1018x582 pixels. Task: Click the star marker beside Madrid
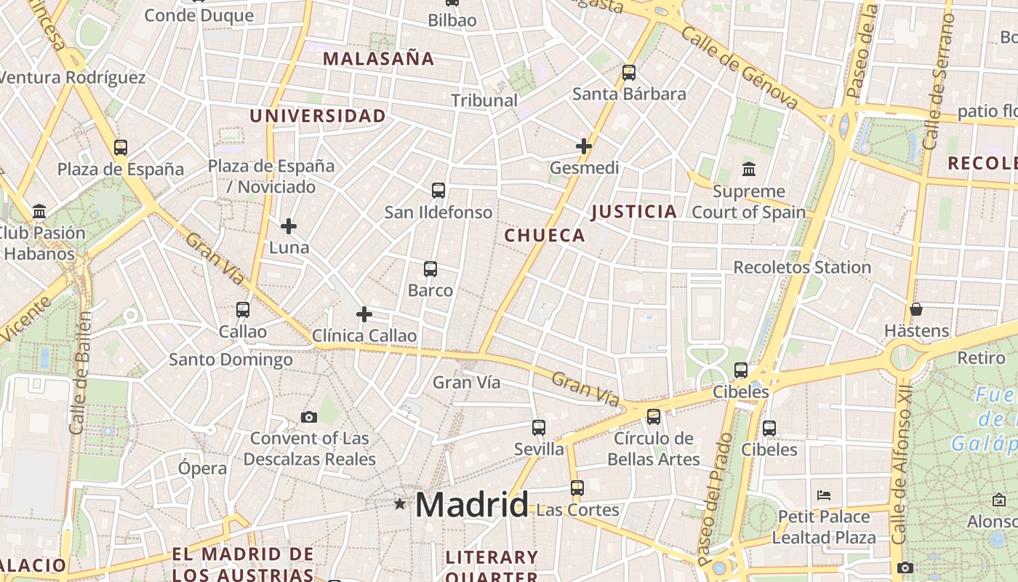[399, 503]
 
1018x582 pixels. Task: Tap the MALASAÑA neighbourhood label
[378, 59]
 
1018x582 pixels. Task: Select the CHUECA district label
[545, 235]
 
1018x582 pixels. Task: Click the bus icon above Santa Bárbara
[629, 73]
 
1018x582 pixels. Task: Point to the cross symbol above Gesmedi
[583, 146]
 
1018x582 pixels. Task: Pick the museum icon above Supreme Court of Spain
[749, 170]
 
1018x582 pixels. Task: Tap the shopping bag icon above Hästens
[916, 309]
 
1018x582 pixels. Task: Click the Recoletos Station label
[801, 267]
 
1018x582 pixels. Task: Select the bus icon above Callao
[243, 310]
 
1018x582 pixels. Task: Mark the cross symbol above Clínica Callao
[364, 314]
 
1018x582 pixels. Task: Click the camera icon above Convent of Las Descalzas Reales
[309, 417]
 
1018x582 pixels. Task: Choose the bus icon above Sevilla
[539, 428]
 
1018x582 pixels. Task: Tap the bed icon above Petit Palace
[824, 495]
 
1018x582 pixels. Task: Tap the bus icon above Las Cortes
[577, 488]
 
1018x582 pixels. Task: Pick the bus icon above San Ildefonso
[438, 191]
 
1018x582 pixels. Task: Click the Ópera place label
[203, 468]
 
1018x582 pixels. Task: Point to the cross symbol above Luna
[289, 226]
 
